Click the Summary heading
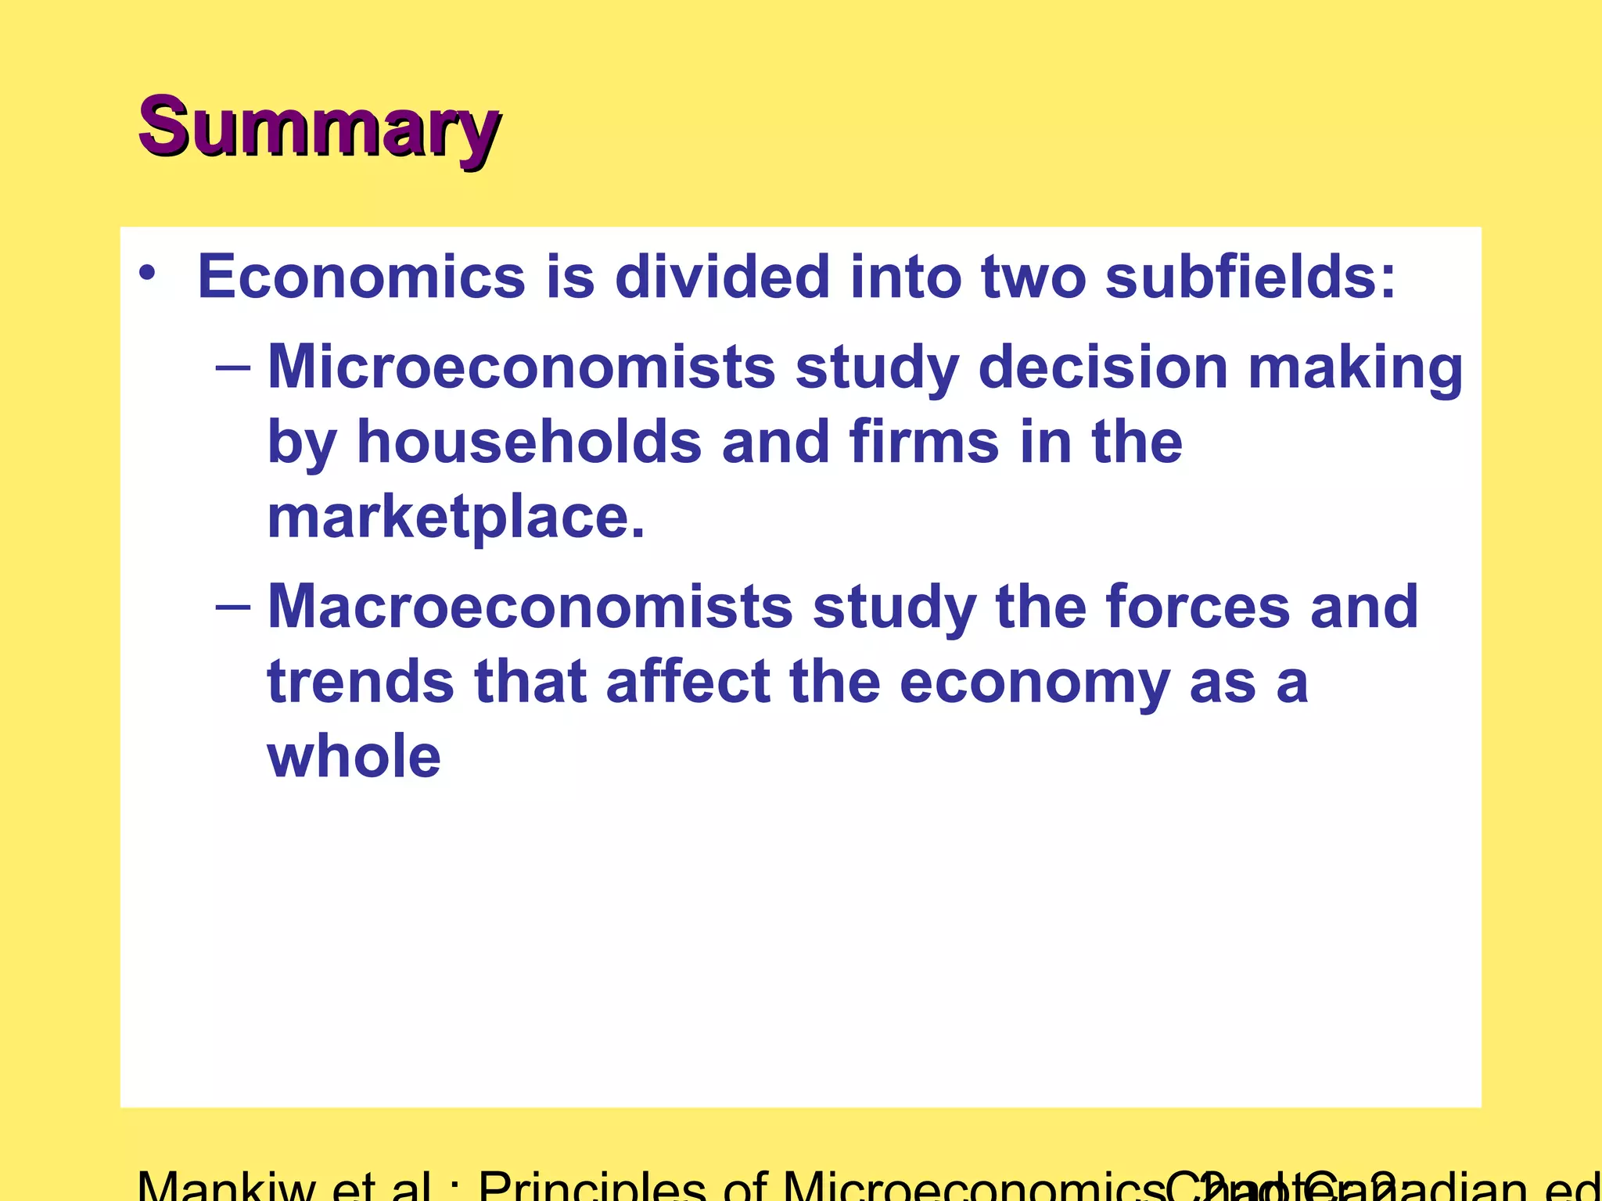pos(319,127)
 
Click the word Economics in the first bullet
pos(361,277)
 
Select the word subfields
pos(1249,277)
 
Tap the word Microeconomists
pos(521,367)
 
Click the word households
pos(530,442)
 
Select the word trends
pos(361,682)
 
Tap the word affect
pos(688,682)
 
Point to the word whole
pos(354,756)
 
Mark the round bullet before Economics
pos(147,275)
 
